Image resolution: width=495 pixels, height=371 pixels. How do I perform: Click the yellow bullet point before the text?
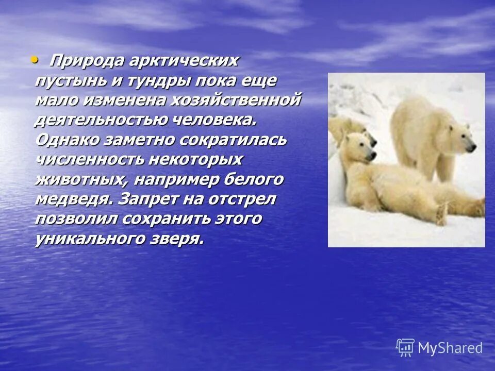coord(35,60)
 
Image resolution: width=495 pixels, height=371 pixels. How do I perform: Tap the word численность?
coord(89,159)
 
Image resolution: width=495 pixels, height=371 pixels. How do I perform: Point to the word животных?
coord(82,179)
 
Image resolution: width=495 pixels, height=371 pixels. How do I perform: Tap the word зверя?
coord(176,238)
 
